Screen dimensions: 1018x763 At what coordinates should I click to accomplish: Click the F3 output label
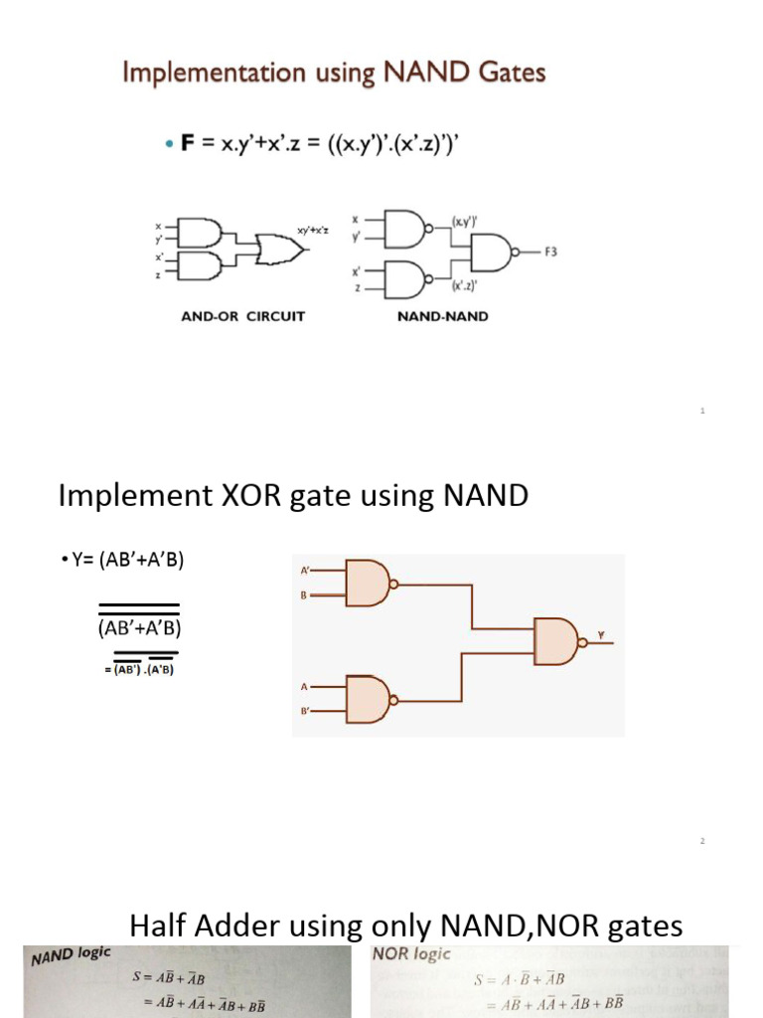click(x=549, y=252)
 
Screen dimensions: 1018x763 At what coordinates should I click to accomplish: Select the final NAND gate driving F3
click(x=493, y=253)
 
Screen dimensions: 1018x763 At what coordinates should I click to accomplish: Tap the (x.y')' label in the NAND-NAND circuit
click(x=467, y=222)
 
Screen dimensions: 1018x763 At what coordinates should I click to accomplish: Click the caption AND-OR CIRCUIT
click(x=243, y=316)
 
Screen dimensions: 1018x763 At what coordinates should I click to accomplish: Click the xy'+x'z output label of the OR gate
click(x=315, y=230)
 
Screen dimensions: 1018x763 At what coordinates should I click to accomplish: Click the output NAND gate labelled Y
click(x=558, y=641)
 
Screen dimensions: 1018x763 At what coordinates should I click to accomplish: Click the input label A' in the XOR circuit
click(x=305, y=572)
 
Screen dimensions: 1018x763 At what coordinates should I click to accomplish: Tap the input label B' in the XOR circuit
click(x=305, y=711)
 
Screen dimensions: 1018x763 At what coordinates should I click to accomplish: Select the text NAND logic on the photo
click(x=71, y=956)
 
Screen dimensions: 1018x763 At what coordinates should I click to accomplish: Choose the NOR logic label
click(x=411, y=953)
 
